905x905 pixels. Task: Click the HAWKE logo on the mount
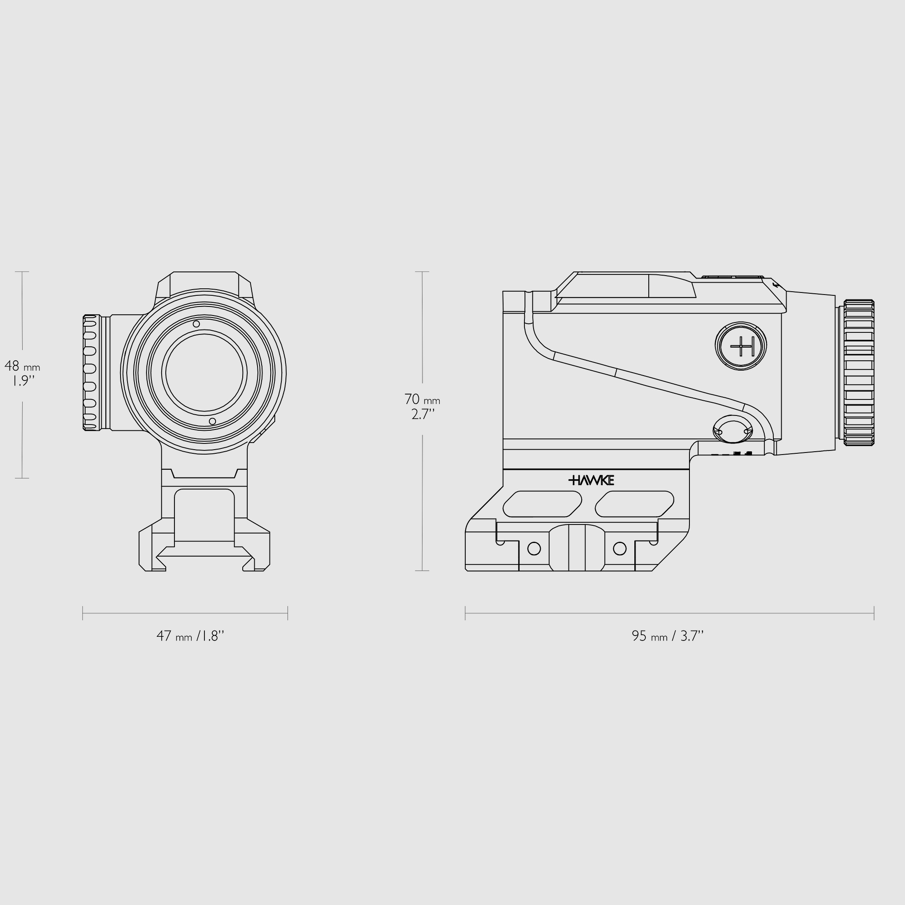click(x=591, y=480)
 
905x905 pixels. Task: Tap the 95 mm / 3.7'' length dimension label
click(x=668, y=636)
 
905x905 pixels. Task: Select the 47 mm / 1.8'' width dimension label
click(x=190, y=636)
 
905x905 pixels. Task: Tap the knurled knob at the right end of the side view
click(x=859, y=372)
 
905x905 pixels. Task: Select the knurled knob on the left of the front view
click(x=91, y=372)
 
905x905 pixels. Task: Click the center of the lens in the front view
click(x=204, y=373)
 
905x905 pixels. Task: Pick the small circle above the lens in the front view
click(x=196, y=324)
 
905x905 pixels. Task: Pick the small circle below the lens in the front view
click(x=212, y=421)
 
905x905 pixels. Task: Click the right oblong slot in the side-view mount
click(x=635, y=504)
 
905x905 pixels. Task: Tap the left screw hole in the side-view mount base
click(x=534, y=548)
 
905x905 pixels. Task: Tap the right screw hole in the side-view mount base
click(x=620, y=548)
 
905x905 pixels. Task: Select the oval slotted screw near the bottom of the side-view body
click(x=732, y=429)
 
